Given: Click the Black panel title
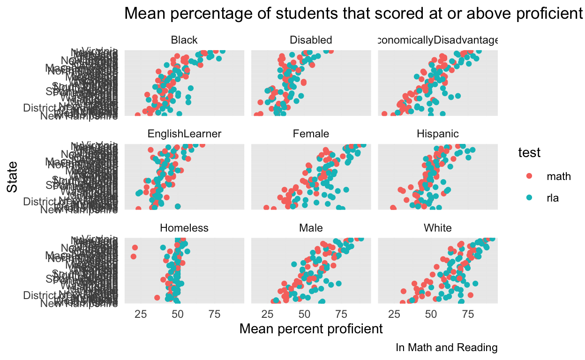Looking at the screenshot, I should point(184,40).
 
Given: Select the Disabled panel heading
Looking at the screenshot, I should point(311,40).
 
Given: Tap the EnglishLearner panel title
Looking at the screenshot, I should point(184,134).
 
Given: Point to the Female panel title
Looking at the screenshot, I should point(311,134).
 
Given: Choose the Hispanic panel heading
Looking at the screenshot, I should point(437,134).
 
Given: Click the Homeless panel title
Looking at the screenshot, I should point(184,228).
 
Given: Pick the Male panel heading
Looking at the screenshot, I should point(311,228).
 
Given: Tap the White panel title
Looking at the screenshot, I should point(437,228).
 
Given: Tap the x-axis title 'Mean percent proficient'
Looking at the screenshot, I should point(311,329).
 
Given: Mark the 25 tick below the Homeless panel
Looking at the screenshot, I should point(141,314).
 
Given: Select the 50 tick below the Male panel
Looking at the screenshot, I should point(304,314).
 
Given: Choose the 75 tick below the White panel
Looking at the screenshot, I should point(468,314).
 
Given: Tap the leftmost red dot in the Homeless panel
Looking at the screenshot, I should point(134,256).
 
